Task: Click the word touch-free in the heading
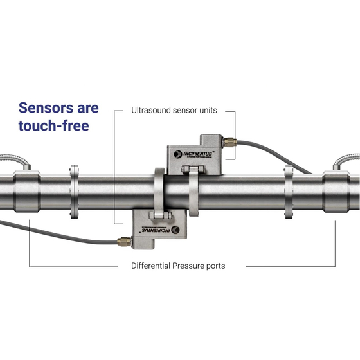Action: tap(54, 125)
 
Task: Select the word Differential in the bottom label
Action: tap(150, 265)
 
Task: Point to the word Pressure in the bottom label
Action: tap(188, 265)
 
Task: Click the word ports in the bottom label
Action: tap(216, 266)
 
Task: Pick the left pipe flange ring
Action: tap(74, 192)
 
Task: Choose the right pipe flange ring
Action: tap(289, 192)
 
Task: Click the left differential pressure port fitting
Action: tap(27, 192)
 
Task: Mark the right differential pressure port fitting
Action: tap(336, 192)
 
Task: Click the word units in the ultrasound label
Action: tap(208, 111)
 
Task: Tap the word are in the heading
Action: tap(88, 109)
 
